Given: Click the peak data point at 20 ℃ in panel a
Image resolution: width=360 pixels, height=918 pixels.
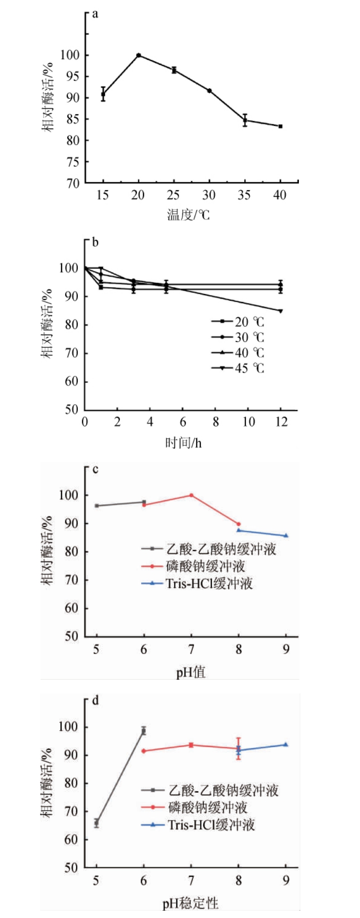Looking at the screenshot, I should [139, 55].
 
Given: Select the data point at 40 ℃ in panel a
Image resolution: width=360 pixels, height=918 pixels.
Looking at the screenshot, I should [280, 126].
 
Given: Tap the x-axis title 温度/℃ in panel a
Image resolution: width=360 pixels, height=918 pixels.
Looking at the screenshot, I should [188, 215].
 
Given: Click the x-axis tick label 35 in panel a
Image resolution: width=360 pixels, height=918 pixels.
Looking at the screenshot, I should [244, 195].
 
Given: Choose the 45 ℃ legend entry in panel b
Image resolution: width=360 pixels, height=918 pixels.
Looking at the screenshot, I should [238, 368].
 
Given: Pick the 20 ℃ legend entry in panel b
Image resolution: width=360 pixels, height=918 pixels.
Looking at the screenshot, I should [238, 322].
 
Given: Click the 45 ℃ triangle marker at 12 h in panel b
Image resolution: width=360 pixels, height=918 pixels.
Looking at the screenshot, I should [280, 311].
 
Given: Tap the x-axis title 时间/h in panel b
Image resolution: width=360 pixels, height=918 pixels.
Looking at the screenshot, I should [183, 442].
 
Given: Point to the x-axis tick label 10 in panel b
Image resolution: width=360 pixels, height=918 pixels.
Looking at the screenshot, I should [248, 422].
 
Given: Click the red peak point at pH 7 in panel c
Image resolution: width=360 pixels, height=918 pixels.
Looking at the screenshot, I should [191, 495].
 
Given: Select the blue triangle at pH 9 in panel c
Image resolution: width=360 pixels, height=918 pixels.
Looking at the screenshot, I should [286, 536].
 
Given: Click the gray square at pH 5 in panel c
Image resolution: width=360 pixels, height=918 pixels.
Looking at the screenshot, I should [97, 506].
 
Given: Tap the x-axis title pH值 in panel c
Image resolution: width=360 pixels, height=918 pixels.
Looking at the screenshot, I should [191, 672].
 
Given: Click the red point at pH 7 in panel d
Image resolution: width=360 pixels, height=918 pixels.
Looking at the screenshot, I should [191, 745].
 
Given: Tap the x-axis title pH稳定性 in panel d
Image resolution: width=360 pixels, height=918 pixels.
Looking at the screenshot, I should [190, 903].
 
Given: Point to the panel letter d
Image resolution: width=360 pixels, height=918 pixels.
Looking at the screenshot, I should [95, 700].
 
